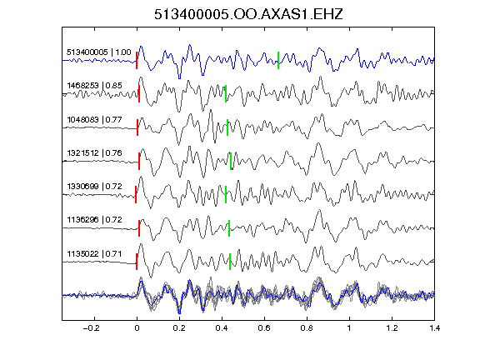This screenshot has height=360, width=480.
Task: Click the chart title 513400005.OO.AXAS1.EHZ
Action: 248,14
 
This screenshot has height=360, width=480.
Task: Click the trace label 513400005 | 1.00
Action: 99,52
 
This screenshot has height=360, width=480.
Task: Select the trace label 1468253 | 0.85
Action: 94,85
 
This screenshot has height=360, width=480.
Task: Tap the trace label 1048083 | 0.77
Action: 94,119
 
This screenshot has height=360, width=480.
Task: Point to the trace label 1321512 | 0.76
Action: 94,152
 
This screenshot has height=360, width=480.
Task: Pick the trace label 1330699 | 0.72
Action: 94,186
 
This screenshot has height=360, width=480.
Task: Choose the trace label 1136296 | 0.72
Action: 94,219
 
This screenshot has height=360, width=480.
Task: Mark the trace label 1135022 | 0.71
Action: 94,254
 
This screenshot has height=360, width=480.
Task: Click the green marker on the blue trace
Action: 278,60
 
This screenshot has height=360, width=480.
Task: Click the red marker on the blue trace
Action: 137,60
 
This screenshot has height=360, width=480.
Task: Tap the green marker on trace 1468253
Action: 226,93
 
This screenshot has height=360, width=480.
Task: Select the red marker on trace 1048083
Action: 137,127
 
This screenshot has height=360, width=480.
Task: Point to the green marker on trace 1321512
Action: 231,161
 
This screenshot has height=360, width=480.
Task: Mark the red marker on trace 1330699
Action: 136,194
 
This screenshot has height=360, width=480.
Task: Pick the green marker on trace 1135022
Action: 230,262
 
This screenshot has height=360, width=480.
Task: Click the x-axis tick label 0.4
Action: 222,328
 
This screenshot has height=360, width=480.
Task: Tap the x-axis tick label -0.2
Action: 91,328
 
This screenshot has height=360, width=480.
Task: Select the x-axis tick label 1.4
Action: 434,328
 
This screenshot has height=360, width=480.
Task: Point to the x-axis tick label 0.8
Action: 307,328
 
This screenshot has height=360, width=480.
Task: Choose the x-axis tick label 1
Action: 349,328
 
